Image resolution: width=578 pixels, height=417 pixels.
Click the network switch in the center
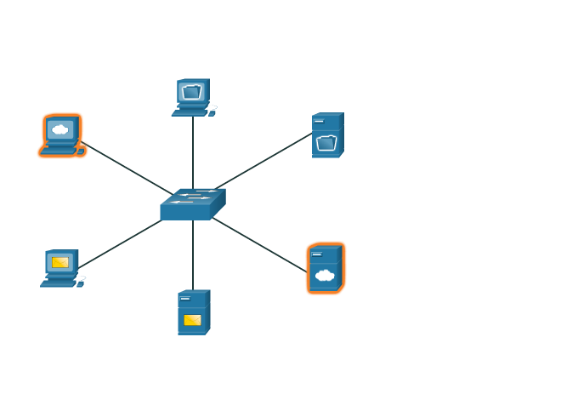[192, 204]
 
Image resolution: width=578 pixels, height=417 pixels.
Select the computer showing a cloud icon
[61, 135]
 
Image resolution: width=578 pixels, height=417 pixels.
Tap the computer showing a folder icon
[193, 96]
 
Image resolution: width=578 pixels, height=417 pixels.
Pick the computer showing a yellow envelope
[60, 267]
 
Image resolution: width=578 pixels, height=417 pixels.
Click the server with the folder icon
[327, 135]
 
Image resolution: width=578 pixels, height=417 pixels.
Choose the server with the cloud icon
[326, 268]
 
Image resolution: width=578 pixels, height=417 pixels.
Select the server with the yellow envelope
[193, 312]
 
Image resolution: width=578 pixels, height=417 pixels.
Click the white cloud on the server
[324, 275]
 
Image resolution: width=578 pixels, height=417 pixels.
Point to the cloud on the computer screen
[59, 130]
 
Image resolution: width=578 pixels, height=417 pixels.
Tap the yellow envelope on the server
[192, 320]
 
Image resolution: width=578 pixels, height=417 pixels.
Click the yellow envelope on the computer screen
[60, 262]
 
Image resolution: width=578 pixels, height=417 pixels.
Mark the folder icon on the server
[326, 143]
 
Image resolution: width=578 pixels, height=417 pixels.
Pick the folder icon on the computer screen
[191, 92]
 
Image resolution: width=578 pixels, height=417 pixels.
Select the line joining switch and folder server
[263, 161]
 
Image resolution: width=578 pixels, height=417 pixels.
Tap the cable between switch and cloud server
[259, 244]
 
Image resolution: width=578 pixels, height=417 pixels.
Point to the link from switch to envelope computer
[119, 245]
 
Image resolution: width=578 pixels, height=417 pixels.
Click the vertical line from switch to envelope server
[193, 255]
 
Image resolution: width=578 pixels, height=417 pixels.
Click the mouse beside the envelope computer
[81, 283]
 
